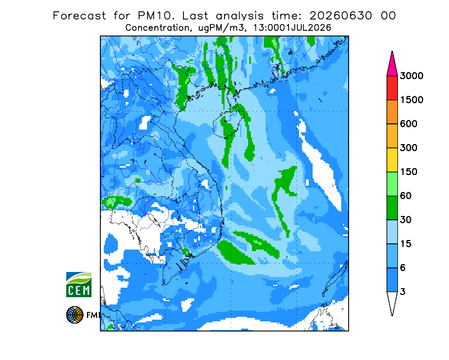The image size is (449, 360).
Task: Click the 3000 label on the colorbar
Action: click(x=411, y=76)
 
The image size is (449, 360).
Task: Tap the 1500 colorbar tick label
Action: click(x=411, y=100)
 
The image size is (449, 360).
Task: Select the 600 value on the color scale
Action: click(x=409, y=124)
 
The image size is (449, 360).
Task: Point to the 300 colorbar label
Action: click(x=409, y=148)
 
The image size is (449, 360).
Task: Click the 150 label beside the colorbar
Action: click(x=409, y=172)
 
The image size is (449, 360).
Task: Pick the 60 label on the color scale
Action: click(x=406, y=196)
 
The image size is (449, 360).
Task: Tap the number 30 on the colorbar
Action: click(x=406, y=220)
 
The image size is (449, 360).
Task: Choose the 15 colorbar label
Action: click(x=406, y=244)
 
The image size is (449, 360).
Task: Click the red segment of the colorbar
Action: click(x=392, y=88)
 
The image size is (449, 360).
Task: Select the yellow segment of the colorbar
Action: click(x=392, y=160)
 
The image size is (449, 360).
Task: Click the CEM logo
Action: click(x=79, y=284)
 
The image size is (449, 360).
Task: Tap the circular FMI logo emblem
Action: click(x=75, y=315)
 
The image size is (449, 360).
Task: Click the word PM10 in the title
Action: click(x=155, y=16)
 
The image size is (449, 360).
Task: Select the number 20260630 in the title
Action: click(x=341, y=16)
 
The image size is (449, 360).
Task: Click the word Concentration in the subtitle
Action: click(x=157, y=28)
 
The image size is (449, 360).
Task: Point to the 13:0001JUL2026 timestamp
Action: click(x=292, y=28)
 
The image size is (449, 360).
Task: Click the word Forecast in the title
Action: click(x=79, y=16)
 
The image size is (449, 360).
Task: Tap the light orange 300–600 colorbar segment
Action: click(x=392, y=136)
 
